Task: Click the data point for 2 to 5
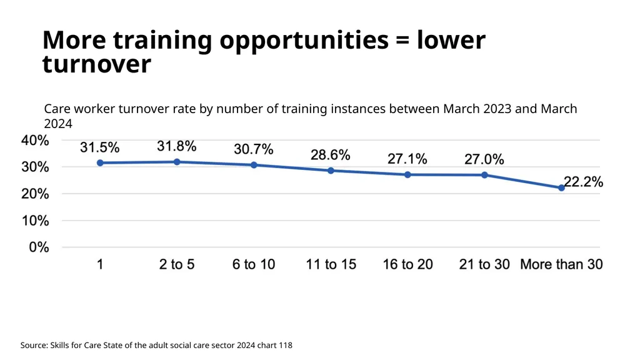[x=177, y=162]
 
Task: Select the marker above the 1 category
[x=100, y=163]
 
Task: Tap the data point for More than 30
[x=561, y=187]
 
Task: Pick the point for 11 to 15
[x=331, y=171]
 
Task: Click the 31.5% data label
[x=99, y=147]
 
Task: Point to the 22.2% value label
[x=583, y=182]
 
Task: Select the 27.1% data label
[x=407, y=158]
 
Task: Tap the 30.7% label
[x=254, y=149]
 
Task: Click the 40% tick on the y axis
[x=35, y=141]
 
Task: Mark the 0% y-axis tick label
[x=39, y=247]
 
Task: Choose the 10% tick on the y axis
[x=35, y=221]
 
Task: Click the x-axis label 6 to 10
[x=254, y=264]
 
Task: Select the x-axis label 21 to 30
[x=484, y=264]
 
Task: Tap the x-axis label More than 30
[x=561, y=264]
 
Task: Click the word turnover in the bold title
[x=97, y=64]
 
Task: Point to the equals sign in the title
[x=402, y=41]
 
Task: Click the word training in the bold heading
[x=162, y=41]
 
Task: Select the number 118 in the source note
[x=286, y=345]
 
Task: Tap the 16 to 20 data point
[x=407, y=175]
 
